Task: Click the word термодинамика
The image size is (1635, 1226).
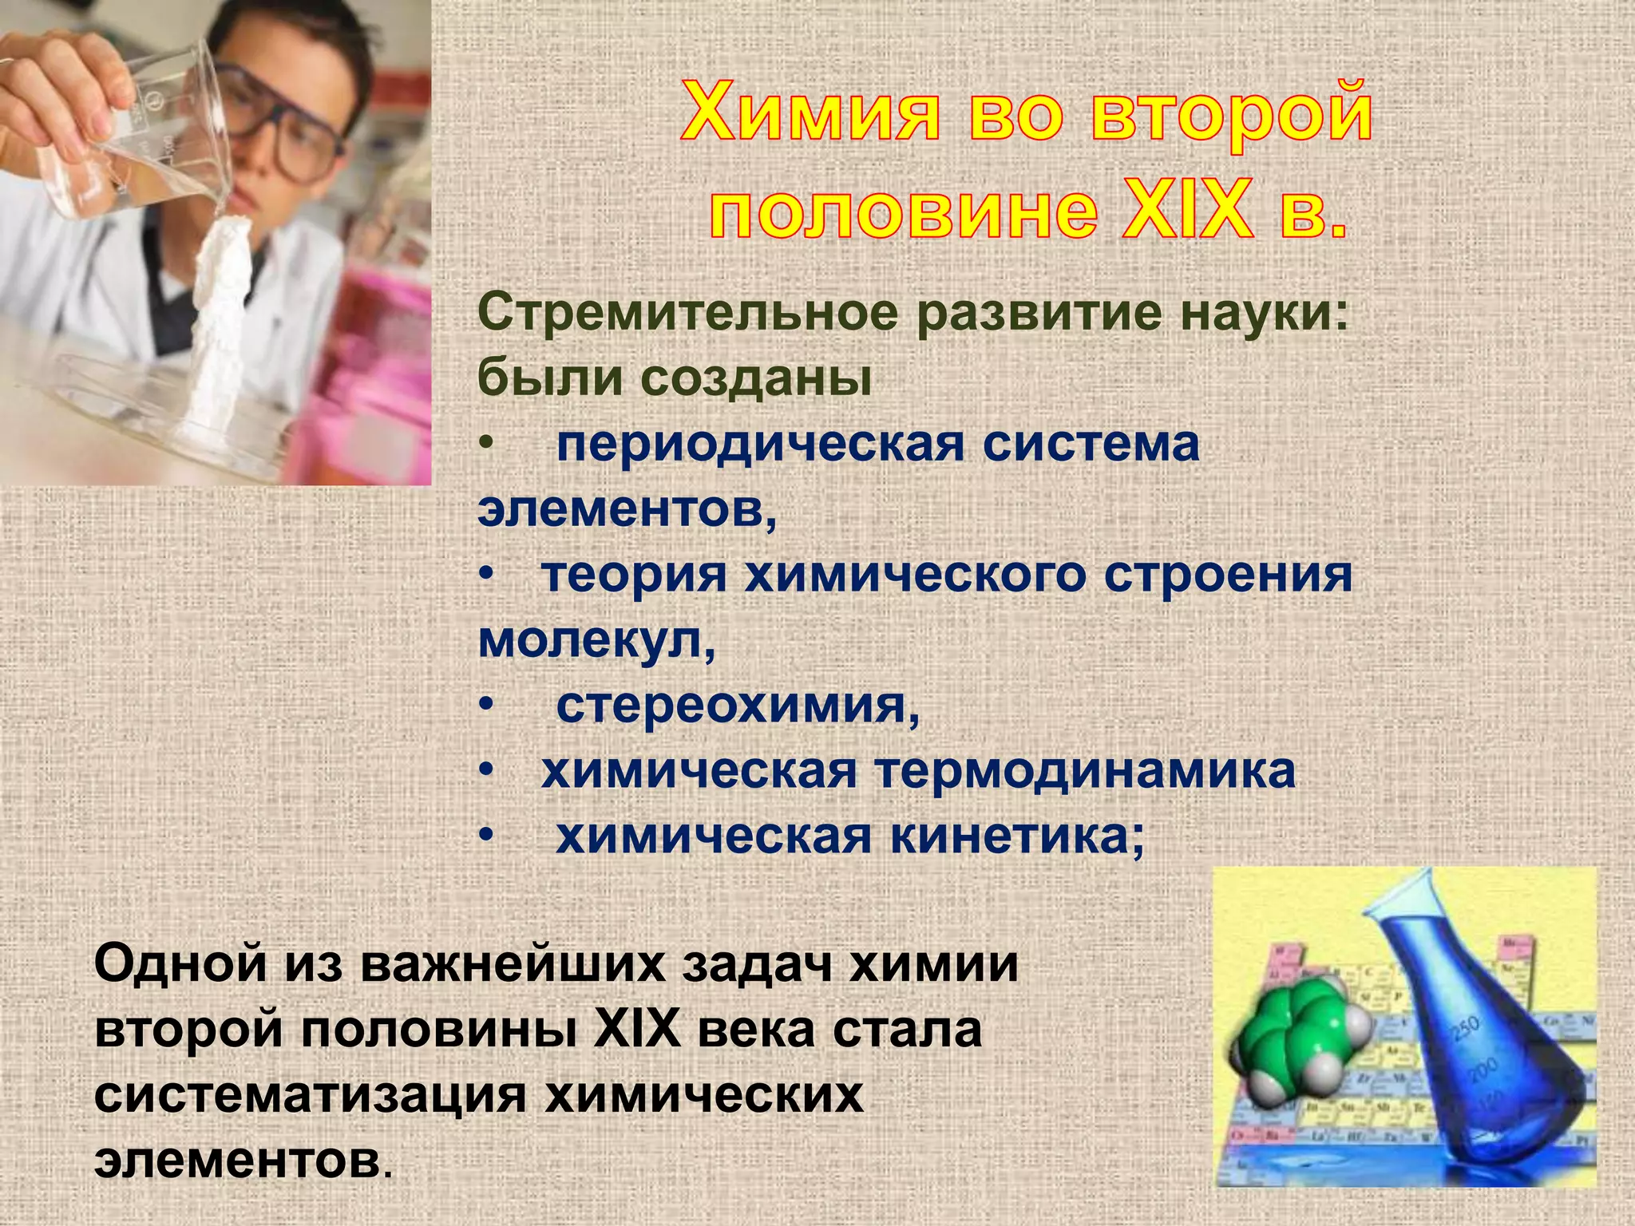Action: pyautogui.click(x=1085, y=771)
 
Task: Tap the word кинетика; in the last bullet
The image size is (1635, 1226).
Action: pyautogui.click(x=1017, y=836)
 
